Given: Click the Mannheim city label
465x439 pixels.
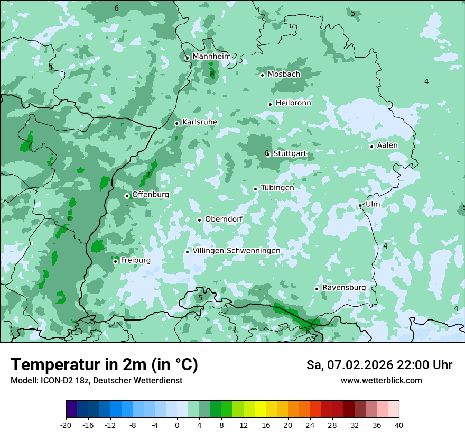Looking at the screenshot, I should coord(211,56).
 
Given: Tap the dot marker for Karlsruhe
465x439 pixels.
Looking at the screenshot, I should coord(177,123).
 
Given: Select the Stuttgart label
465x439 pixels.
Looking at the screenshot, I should coord(290,153).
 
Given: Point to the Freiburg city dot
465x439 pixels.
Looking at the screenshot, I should coord(115,261).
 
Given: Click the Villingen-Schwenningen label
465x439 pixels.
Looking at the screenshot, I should coord(236,250).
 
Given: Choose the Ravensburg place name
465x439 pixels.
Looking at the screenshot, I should coord(343,287).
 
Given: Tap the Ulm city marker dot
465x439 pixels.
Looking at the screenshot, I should coord(360,205).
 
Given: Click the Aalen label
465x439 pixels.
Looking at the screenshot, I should coord(387,145).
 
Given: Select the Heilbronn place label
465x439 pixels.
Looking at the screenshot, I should coord(293,103).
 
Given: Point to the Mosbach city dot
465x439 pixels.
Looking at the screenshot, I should coord(262,75).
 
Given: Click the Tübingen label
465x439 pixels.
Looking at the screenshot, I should coord(277,187).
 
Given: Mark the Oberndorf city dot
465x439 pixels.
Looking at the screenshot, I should coord(200,220).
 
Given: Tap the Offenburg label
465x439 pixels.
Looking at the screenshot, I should coord(150,194).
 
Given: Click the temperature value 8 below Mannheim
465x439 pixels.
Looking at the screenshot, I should coord(212,74).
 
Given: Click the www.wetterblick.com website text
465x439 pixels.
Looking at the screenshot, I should coord(381,380).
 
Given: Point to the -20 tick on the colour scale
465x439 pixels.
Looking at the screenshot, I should coord(66,425).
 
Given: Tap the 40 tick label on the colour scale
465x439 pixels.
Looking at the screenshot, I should coord(399,425).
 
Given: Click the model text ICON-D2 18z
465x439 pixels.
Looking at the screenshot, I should coord(62,380).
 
